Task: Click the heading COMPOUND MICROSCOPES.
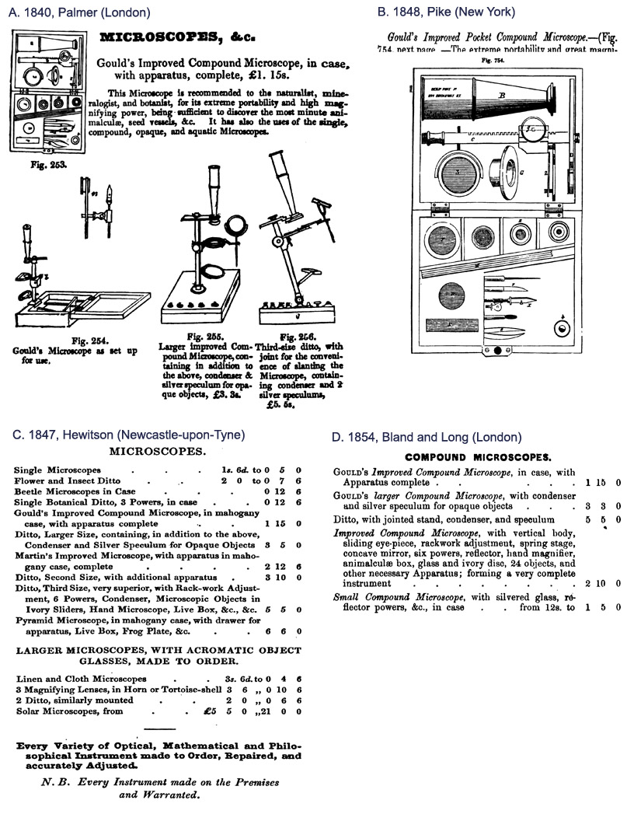point(478,458)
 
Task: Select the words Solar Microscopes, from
point(63,711)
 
